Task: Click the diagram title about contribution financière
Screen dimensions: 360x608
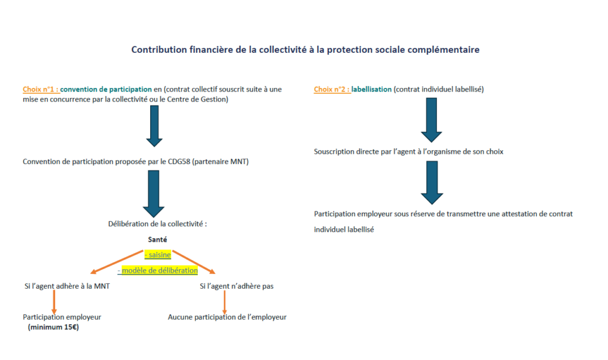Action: [x=305, y=50]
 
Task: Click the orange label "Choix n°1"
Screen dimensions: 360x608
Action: [x=40, y=89]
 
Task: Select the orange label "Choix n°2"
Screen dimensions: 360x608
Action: [x=331, y=89]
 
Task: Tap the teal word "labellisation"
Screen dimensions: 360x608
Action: [x=371, y=89]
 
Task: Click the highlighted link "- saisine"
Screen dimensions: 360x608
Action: [x=158, y=255]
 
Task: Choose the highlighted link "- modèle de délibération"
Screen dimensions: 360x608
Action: [x=158, y=270]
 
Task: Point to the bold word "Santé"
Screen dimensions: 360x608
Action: [x=158, y=240]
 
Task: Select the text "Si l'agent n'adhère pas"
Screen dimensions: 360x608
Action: [x=236, y=286]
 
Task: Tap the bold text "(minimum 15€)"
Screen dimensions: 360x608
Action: [x=53, y=327]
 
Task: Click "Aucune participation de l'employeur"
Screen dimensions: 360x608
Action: [x=227, y=317]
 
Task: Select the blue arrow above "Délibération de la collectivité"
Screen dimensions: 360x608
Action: [x=154, y=193]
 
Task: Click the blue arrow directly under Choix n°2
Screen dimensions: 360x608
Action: [x=432, y=116]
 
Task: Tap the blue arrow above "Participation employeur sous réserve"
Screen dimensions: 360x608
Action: [x=432, y=182]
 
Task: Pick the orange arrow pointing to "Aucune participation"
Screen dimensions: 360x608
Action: [x=224, y=303]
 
